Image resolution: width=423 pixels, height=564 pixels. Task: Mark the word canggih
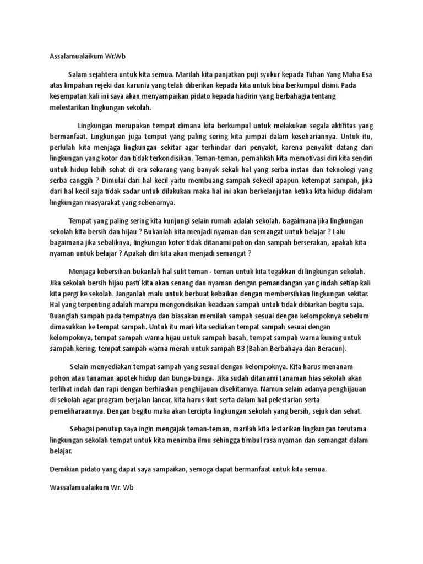coord(83,181)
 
